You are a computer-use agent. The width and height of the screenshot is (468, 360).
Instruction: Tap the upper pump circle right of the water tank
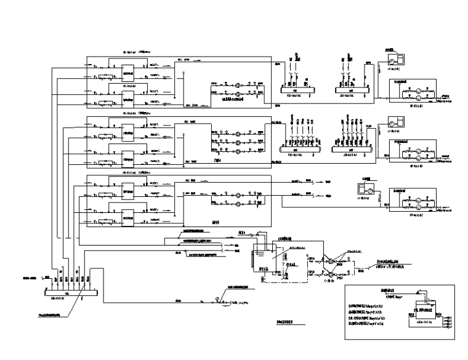click(x=331, y=251)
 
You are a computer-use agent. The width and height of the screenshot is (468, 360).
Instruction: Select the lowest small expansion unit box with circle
click(x=365, y=186)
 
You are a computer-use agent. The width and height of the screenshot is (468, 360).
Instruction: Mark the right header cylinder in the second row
click(x=352, y=148)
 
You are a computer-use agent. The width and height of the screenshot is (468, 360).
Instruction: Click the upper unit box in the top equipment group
click(x=128, y=71)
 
